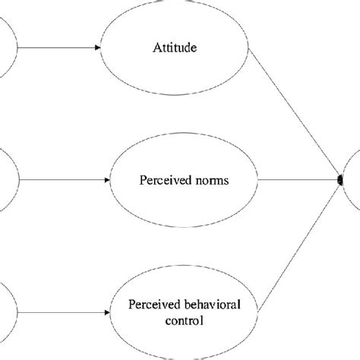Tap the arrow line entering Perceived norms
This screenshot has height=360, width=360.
coord(61,181)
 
